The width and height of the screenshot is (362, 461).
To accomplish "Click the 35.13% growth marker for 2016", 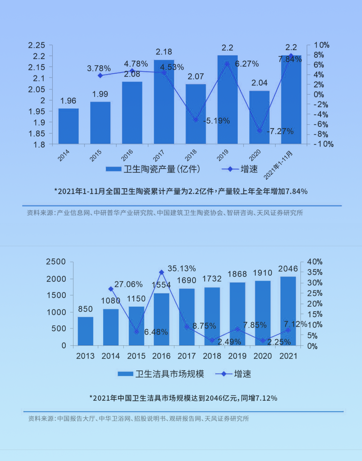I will coord(162,272).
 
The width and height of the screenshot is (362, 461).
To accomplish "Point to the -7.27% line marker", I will coord(259,130).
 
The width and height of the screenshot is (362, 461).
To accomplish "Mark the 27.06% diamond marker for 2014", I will coord(111,289).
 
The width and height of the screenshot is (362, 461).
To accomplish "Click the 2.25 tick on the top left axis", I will coord(37,45).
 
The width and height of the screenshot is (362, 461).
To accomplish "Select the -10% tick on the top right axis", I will coord(323,144).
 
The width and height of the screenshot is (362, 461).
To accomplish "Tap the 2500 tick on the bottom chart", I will coord(56,262).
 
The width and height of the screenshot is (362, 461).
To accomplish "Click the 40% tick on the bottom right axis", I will coord(315,262).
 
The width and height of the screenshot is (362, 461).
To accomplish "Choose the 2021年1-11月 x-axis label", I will coord(278,165).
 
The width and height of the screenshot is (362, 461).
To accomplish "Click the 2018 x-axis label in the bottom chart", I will coord(212,356).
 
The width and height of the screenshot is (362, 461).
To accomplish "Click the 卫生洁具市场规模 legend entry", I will coord(161,374).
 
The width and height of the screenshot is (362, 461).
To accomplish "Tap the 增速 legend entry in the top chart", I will coord(240,169).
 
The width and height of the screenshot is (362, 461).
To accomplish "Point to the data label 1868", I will coord(237,274).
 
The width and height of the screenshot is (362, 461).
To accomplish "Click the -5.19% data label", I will coord(217,121).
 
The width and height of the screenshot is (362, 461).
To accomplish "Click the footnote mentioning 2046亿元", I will coord(183,398).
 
